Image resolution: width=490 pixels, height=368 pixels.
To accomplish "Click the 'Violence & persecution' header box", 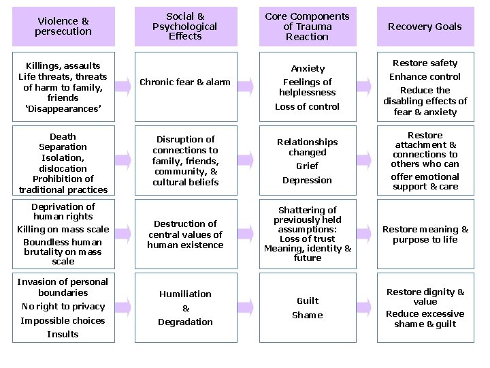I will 63,27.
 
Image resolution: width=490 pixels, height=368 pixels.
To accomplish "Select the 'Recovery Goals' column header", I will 425,27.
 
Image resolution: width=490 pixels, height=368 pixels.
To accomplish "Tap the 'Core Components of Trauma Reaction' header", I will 307,27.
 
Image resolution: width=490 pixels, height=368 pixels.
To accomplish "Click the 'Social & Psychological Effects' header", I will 185,27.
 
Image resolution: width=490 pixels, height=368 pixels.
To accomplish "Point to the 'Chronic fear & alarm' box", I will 185,82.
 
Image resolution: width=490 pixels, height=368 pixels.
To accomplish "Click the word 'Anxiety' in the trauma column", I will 308,68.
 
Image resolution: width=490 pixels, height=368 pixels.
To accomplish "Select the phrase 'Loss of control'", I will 308,106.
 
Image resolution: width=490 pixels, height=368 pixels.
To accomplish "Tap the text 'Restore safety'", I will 425,63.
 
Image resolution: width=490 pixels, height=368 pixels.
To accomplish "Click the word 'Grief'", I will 308,166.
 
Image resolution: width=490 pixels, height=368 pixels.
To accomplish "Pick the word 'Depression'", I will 308,180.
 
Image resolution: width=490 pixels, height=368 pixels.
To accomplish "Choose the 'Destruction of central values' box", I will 185,234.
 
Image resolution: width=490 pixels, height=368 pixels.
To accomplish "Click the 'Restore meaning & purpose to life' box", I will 425,234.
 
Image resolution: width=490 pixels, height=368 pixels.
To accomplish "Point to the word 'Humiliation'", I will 185,294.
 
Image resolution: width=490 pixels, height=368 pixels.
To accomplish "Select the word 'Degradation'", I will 185,322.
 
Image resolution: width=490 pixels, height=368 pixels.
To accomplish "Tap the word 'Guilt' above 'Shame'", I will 308,301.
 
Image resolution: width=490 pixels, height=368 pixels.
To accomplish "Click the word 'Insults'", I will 63,334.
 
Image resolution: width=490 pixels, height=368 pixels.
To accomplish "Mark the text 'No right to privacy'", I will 63,306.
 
